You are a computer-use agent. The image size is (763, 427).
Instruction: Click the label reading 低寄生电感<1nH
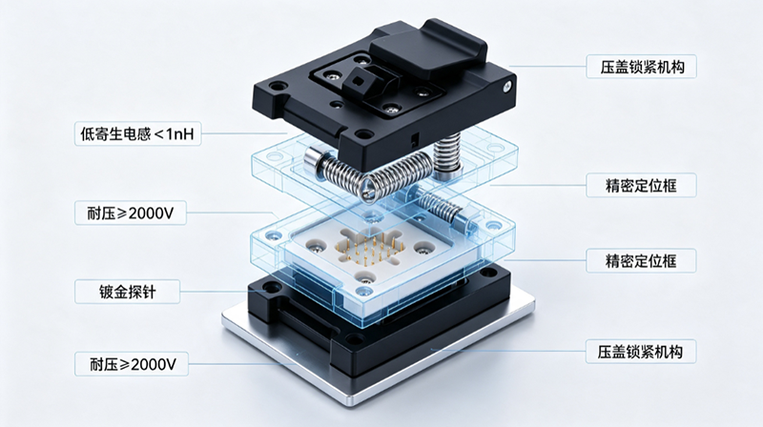(x=137, y=133)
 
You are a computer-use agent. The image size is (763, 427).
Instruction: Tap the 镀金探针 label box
(x=128, y=292)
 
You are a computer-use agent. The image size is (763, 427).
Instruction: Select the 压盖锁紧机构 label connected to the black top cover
(x=641, y=67)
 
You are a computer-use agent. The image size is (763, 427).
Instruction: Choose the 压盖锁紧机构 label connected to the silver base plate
(x=640, y=351)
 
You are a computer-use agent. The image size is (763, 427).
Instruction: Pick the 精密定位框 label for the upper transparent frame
(x=641, y=185)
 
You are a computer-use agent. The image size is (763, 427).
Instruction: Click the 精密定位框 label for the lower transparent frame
(x=641, y=260)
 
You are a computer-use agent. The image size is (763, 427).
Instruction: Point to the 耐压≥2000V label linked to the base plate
(x=132, y=364)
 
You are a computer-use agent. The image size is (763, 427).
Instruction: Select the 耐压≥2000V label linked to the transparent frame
(x=131, y=213)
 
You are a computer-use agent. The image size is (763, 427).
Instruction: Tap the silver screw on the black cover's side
(x=507, y=87)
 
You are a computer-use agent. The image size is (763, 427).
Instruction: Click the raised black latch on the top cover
(x=428, y=51)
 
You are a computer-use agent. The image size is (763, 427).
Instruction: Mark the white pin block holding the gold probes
(x=370, y=253)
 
